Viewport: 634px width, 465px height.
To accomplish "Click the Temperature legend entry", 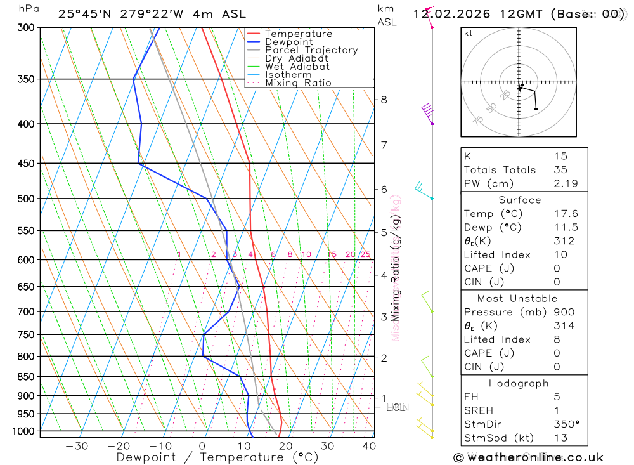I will point(298,34).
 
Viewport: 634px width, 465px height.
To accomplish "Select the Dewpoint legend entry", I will point(289,42).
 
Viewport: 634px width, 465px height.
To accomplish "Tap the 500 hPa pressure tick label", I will point(26,199).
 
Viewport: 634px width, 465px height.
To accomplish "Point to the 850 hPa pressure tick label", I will point(26,377).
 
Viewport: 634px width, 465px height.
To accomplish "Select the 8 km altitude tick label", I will point(384,100).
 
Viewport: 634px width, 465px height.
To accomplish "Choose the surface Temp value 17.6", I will point(566,214).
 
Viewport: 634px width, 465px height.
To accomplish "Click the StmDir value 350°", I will point(566,424).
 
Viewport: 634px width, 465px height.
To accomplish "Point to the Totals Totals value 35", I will point(560,169).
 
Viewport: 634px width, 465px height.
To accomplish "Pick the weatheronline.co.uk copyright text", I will point(528,457).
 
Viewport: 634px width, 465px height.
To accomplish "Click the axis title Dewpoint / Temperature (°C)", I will point(217,457).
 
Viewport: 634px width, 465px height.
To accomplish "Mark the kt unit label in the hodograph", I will point(468,33).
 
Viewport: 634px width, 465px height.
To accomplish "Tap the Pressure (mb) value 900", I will point(563,312).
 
